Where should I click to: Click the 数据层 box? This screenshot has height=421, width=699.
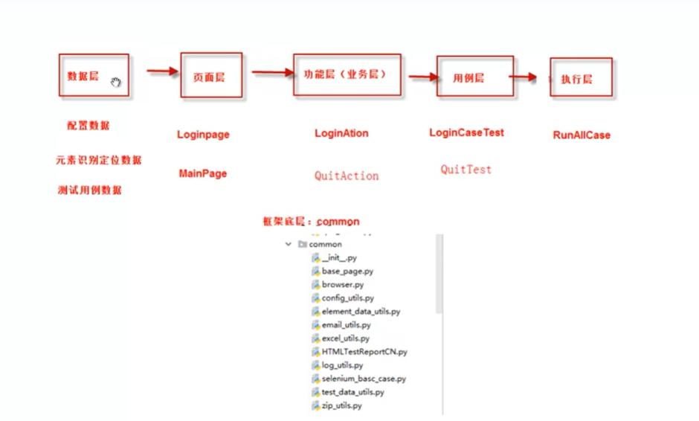click(x=94, y=75)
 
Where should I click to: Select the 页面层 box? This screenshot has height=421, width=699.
click(x=212, y=75)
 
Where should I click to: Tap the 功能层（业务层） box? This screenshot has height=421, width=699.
click(x=347, y=74)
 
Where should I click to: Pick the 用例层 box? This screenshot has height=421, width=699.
click(x=474, y=77)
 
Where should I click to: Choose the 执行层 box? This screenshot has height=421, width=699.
click(x=581, y=77)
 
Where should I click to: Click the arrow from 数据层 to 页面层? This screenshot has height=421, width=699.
click(x=163, y=71)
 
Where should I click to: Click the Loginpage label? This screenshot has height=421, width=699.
click(x=203, y=135)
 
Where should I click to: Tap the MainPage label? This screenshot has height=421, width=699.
click(x=203, y=173)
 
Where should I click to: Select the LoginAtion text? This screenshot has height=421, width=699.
click(x=341, y=133)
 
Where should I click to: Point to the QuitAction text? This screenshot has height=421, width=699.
click(x=347, y=176)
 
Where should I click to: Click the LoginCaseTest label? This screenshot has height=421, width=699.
click(x=466, y=132)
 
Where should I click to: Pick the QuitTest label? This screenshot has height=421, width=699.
click(x=466, y=169)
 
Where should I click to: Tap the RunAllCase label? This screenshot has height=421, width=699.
click(x=582, y=135)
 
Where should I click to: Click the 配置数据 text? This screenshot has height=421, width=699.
click(x=88, y=125)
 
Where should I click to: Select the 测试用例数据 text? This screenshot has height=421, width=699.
click(x=89, y=190)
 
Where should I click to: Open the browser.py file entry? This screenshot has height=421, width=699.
click(x=343, y=284)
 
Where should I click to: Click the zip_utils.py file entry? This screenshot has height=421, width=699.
click(x=342, y=405)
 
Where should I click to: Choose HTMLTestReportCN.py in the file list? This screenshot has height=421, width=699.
click(x=364, y=351)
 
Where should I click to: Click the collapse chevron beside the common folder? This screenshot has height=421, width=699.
click(x=289, y=244)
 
